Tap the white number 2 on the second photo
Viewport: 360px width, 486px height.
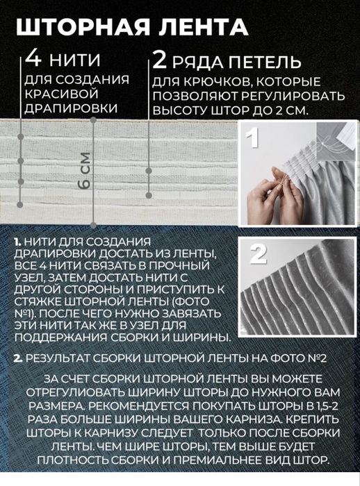[257, 254]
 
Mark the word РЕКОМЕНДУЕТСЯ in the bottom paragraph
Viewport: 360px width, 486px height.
[136, 407]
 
